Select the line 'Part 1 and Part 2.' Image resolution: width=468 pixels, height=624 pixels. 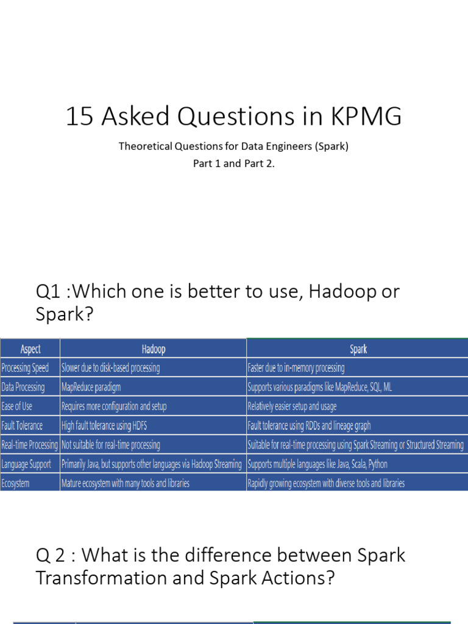(234, 165)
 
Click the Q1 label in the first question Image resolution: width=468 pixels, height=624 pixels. (49, 291)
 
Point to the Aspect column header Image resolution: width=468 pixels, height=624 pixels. (30, 349)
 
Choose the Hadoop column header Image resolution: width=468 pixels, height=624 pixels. (153, 349)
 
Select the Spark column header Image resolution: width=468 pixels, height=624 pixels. (358, 349)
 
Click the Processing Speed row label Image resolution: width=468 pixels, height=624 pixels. (26, 368)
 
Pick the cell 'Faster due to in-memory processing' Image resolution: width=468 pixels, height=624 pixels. (296, 368)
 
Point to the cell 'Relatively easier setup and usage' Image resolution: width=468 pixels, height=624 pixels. (292, 406)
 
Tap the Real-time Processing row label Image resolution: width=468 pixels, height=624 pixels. (30, 445)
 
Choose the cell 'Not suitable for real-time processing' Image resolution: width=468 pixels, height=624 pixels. (111, 445)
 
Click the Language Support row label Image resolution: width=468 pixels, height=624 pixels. (27, 464)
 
